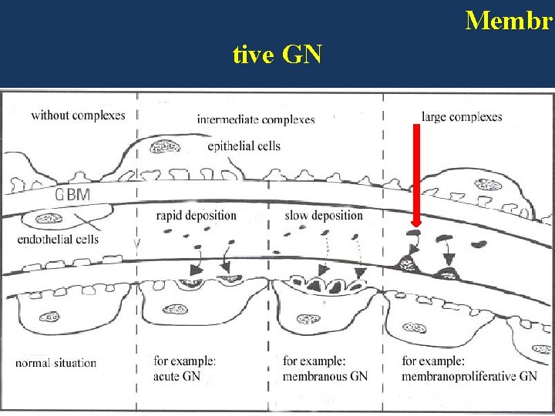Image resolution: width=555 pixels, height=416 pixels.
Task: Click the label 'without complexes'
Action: coord(78,116)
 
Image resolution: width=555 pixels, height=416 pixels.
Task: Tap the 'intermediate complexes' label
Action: coord(255,119)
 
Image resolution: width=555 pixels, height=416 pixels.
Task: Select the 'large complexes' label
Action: coord(462,117)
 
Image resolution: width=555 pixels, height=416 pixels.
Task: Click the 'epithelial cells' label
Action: coord(244,146)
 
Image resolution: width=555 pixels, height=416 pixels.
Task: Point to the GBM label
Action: coord(72,195)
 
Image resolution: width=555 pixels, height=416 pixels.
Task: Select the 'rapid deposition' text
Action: coord(196,215)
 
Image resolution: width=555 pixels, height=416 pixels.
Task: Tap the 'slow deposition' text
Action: coord(323,215)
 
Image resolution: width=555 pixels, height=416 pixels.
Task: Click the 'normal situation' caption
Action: coord(55,362)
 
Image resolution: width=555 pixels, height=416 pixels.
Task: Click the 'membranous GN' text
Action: coord(325,376)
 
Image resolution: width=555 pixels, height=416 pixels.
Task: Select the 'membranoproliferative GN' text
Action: coord(469,376)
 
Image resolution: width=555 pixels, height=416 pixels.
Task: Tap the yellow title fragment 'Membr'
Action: coord(509,20)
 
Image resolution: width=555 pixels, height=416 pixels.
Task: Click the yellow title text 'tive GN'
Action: coord(277,55)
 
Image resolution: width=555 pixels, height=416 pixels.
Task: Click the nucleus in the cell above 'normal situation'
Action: coord(51,316)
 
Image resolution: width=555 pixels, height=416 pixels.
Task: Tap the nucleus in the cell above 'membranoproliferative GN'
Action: coord(417,328)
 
